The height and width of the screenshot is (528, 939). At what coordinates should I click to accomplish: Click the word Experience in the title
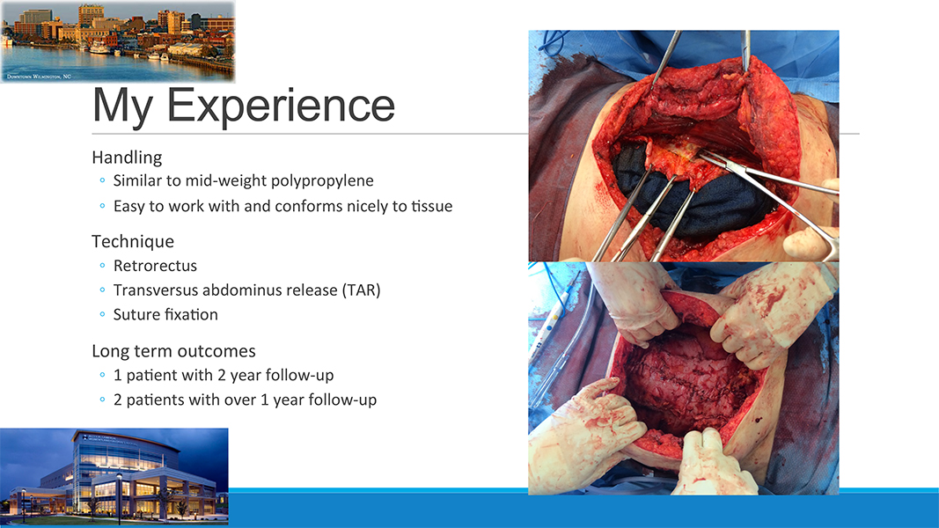(280, 106)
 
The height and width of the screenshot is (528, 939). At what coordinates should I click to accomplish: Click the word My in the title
(122, 106)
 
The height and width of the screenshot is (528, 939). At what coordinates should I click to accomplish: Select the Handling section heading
(127, 158)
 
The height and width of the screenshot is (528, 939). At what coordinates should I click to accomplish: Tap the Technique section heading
(133, 241)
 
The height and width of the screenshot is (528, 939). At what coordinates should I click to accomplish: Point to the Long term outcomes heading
(173, 351)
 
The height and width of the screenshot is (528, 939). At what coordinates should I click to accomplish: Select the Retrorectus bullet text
(155, 266)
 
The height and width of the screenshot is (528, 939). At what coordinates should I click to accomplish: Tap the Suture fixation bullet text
(165, 315)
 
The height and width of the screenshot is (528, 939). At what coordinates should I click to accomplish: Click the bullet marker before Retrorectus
(102, 265)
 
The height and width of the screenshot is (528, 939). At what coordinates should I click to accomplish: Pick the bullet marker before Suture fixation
(102, 314)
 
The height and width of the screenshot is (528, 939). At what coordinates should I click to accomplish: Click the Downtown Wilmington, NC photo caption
(39, 77)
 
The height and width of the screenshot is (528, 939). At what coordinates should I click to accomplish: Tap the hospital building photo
(114, 476)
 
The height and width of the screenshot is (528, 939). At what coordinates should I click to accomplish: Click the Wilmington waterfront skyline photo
(117, 41)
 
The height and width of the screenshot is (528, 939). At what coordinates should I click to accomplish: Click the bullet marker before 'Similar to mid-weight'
(102, 180)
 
